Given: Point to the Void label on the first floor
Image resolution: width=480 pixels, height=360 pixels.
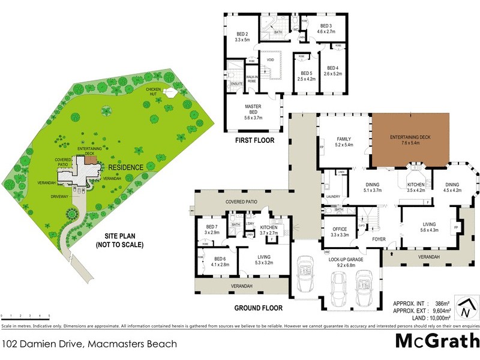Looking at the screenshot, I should click(270, 60).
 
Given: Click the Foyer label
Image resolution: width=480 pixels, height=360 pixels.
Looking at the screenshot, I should click(379, 239).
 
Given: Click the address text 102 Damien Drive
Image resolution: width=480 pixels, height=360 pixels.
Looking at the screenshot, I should click(90, 344).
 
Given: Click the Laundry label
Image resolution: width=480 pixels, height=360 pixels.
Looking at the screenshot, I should click(334, 196).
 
